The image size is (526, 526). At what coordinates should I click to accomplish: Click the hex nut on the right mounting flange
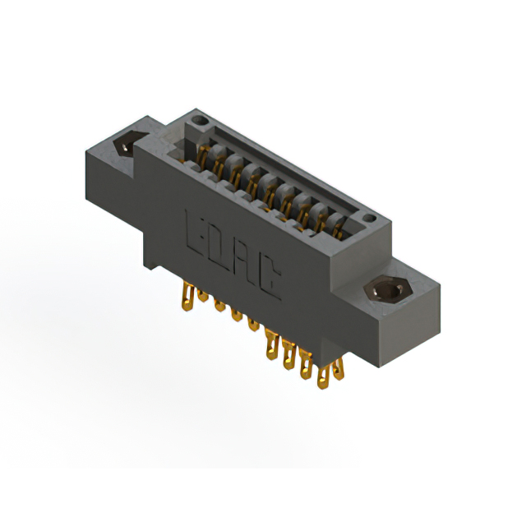(389, 289)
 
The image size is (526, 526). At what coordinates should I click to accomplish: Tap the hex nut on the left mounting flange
(128, 142)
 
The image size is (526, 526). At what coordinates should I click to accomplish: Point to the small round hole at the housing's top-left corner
(200, 120)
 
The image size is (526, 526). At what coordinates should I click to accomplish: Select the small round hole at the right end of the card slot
(370, 219)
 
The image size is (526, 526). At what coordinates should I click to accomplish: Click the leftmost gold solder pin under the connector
(187, 296)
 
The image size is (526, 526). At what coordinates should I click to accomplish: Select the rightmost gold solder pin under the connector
(338, 369)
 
